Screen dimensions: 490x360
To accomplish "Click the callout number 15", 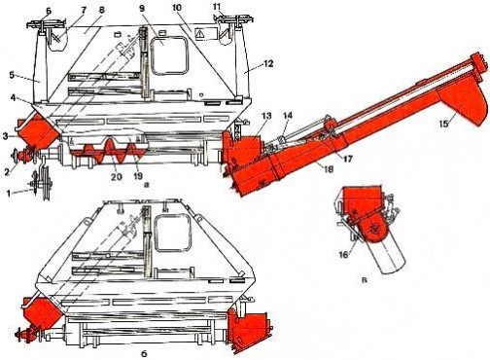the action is point(444,124).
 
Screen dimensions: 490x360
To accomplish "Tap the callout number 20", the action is point(117,176).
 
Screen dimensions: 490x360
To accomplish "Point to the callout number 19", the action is point(138,176).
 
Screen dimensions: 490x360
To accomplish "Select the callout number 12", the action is point(267,63).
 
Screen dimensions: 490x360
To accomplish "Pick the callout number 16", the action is point(343,255).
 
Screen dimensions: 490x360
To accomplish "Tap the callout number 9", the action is point(142,9).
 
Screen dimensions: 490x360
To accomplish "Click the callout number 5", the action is point(12,75).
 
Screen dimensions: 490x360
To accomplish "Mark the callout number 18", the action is point(329,169).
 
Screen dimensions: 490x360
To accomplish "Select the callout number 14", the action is point(288,116).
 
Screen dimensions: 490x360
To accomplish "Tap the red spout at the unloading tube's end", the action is point(463,103).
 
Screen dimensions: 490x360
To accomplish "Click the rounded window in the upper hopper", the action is point(170,55).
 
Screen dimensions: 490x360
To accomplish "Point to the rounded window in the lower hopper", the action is point(172,233).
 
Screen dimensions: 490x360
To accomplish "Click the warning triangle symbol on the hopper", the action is point(201,33).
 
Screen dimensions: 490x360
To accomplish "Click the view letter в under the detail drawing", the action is point(365,280).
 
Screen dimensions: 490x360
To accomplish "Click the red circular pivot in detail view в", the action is point(374,230).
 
